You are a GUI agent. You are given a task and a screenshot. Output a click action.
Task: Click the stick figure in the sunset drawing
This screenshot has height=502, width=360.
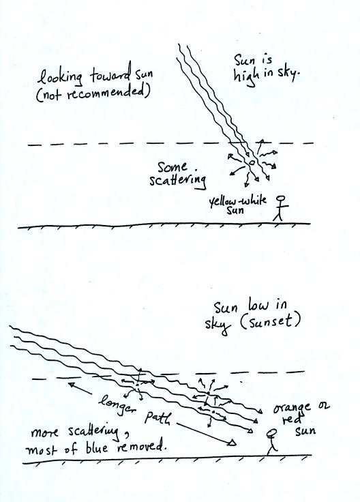click(x=271, y=443)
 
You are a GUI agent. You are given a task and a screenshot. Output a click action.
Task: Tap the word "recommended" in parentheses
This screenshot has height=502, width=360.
click(x=107, y=93)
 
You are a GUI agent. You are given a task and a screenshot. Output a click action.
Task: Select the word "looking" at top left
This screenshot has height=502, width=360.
click(x=59, y=78)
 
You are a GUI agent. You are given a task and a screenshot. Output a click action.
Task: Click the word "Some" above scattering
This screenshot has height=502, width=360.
click(x=172, y=167)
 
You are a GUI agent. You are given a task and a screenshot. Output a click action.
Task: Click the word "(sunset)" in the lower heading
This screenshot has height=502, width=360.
click(x=271, y=322)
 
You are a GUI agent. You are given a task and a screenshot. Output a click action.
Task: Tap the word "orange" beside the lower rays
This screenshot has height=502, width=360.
click(x=292, y=408)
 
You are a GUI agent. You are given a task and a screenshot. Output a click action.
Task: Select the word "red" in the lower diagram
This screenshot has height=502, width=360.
click(x=292, y=419)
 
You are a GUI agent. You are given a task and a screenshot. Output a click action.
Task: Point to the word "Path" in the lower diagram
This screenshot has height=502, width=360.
click(x=157, y=418)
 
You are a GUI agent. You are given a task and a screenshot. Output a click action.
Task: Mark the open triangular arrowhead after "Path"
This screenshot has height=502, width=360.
click(x=232, y=443)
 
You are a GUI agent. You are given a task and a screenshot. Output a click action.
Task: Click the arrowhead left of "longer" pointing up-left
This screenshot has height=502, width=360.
click(x=73, y=385)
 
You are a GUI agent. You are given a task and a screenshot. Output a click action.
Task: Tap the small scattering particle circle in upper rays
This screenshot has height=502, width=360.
click(x=252, y=162)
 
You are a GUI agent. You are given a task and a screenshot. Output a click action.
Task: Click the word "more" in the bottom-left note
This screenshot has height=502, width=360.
click(x=44, y=433)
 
